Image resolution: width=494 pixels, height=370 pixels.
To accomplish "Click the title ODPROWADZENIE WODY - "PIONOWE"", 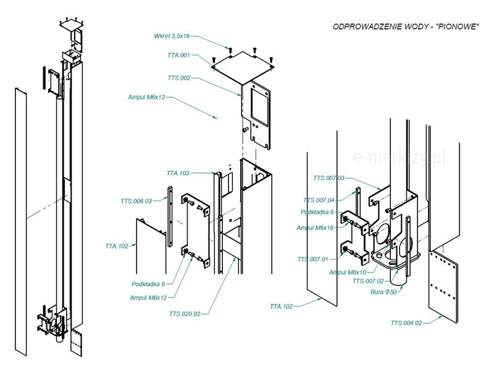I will (406, 27).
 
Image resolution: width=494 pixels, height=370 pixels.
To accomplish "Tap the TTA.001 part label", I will (179, 55).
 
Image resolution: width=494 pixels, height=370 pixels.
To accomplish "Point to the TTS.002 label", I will (179, 78).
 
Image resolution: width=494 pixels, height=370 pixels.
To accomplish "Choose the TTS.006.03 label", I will (136, 201).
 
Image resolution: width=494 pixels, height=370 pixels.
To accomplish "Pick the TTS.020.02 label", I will (184, 314).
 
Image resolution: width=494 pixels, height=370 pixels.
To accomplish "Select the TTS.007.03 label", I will (329, 178).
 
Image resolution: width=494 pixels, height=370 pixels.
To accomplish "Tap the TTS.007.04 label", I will (319, 200).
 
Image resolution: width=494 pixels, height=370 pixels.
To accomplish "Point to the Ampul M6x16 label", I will (316, 228).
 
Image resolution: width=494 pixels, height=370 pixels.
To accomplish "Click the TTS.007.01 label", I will (312, 259).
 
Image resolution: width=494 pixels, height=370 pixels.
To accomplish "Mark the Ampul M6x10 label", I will (348, 272).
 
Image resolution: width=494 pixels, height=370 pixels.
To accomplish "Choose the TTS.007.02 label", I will (367, 281).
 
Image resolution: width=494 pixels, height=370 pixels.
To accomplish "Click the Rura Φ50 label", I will (384, 292).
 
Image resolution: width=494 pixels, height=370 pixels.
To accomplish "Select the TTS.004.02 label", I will (406, 323).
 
